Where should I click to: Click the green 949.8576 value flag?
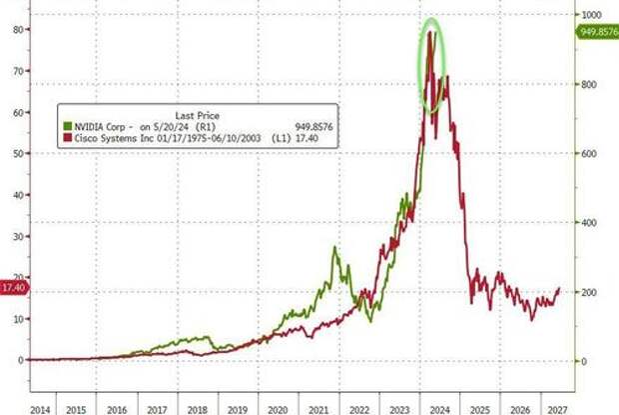pos(598,32)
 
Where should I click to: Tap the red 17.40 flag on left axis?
pos(14,287)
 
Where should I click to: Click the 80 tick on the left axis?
pos(17,29)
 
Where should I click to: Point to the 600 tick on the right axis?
pos(590,153)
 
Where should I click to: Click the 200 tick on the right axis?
pos(590,291)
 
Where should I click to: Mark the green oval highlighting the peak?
pos(431,65)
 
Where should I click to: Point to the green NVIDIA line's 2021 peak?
pos(335,248)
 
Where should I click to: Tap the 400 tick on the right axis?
pos(590,222)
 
